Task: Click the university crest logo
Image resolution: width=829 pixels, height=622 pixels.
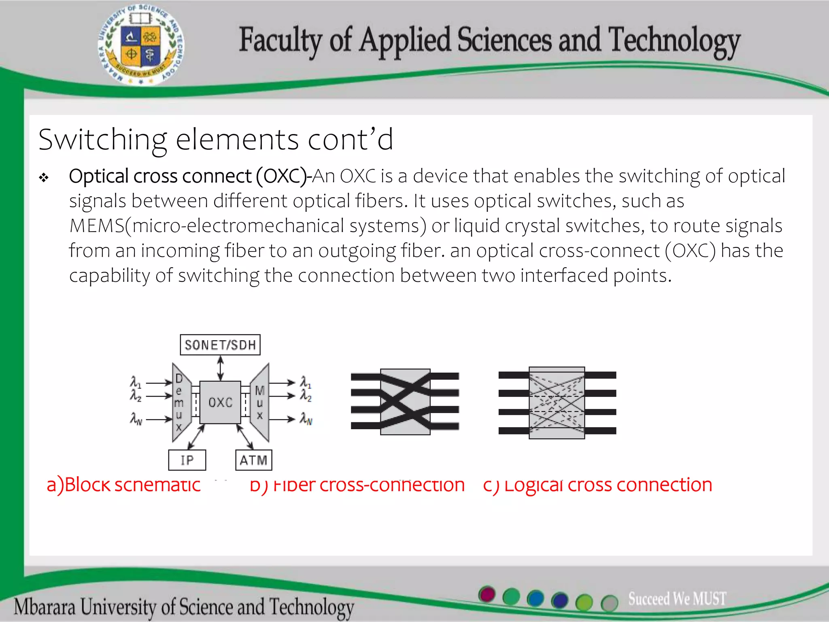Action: tap(141, 45)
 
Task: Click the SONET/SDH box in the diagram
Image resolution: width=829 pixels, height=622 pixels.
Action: tap(220, 345)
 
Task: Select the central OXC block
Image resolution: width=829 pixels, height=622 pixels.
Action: tap(220, 402)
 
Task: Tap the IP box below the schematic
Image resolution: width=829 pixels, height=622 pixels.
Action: tap(187, 460)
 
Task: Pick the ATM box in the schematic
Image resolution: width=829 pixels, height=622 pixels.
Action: tap(253, 460)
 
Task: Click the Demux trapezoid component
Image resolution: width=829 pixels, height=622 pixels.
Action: tap(179, 402)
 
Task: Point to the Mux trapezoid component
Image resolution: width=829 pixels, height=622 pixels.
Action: tap(260, 402)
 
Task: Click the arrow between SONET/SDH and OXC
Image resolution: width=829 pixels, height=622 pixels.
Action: tap(220, 368)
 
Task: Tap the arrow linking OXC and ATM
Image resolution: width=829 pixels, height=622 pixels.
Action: tap(245, 437)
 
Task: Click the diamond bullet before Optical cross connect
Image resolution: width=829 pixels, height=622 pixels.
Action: tap(44, 177)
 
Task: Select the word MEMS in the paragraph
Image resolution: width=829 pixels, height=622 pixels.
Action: tap(97, 226)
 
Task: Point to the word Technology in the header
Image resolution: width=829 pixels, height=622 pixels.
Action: tap(674, 41)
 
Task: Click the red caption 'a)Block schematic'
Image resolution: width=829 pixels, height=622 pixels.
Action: tap(123, 485)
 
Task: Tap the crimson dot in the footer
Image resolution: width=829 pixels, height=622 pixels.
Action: tap(487, 594)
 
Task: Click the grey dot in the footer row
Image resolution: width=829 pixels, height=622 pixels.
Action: tap(609, 603)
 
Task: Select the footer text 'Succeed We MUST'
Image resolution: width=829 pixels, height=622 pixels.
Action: tap(677, 599)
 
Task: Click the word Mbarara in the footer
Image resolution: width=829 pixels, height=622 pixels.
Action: tap(45, 607)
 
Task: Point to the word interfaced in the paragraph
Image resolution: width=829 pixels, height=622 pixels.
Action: tap(564, 276)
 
